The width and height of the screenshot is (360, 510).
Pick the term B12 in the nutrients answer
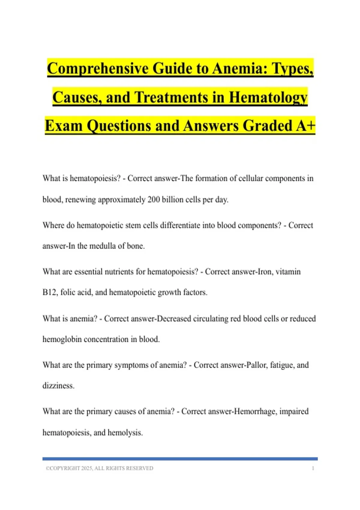(x=49, y=292)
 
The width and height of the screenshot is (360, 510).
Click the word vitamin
(x=288, y=272)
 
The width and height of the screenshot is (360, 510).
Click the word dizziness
(x=58, y=386)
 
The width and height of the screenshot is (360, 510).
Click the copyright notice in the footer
(x=99, y=468)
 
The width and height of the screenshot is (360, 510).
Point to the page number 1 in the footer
(x=313, y=468)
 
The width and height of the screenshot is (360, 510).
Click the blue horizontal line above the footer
(x=180, y=459)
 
